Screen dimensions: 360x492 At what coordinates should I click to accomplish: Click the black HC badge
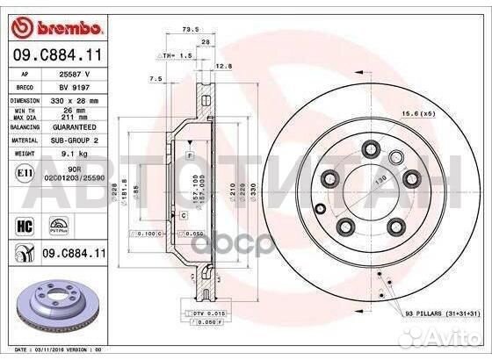tap(25, 225)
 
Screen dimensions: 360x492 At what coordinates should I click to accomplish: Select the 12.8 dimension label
tap(223, 66)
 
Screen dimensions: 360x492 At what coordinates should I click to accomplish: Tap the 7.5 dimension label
tap(156, 78)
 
